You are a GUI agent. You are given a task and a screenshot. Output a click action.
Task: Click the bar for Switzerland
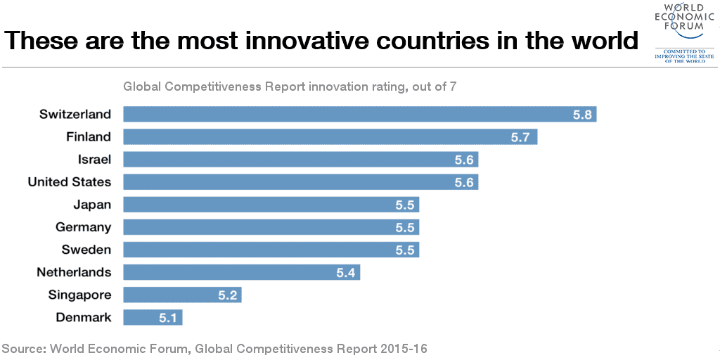(x=359, y=114)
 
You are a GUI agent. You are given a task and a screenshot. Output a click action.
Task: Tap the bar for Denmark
(x=152, y=317)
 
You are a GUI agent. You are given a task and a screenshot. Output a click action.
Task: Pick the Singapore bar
(x=181, y=295)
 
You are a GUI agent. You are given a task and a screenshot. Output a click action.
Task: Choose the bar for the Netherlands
(x=240, y=272)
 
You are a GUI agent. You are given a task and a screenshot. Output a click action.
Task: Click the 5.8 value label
(x=582, y=114)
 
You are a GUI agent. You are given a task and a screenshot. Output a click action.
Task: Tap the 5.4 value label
(x=345, y=272)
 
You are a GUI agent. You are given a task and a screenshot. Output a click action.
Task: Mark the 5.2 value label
(x=227, y=295)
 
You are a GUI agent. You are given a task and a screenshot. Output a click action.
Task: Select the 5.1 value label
(x=167, y=317)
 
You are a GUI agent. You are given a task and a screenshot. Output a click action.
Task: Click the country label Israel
(x=94, y=159)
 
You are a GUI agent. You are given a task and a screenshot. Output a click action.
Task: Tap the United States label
(x=70, y=181)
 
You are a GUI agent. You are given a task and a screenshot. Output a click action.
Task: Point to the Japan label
(x=92, y=205)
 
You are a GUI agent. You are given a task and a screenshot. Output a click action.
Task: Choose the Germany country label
(x=83, y=227)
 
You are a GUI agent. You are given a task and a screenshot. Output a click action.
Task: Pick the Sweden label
(x=86, y=250)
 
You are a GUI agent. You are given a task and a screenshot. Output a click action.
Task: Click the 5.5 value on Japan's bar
(x=405, y=205)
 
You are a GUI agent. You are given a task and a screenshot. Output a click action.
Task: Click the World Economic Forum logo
(x=679, y=32)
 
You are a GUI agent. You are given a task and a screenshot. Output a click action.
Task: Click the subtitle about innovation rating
(x=290, y=86)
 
